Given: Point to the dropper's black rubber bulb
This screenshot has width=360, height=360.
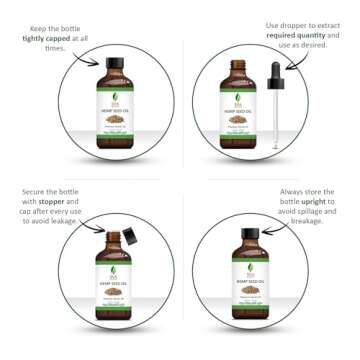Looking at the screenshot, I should point(274,72).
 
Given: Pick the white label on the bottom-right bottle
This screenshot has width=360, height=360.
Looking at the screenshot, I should point(250,284).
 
